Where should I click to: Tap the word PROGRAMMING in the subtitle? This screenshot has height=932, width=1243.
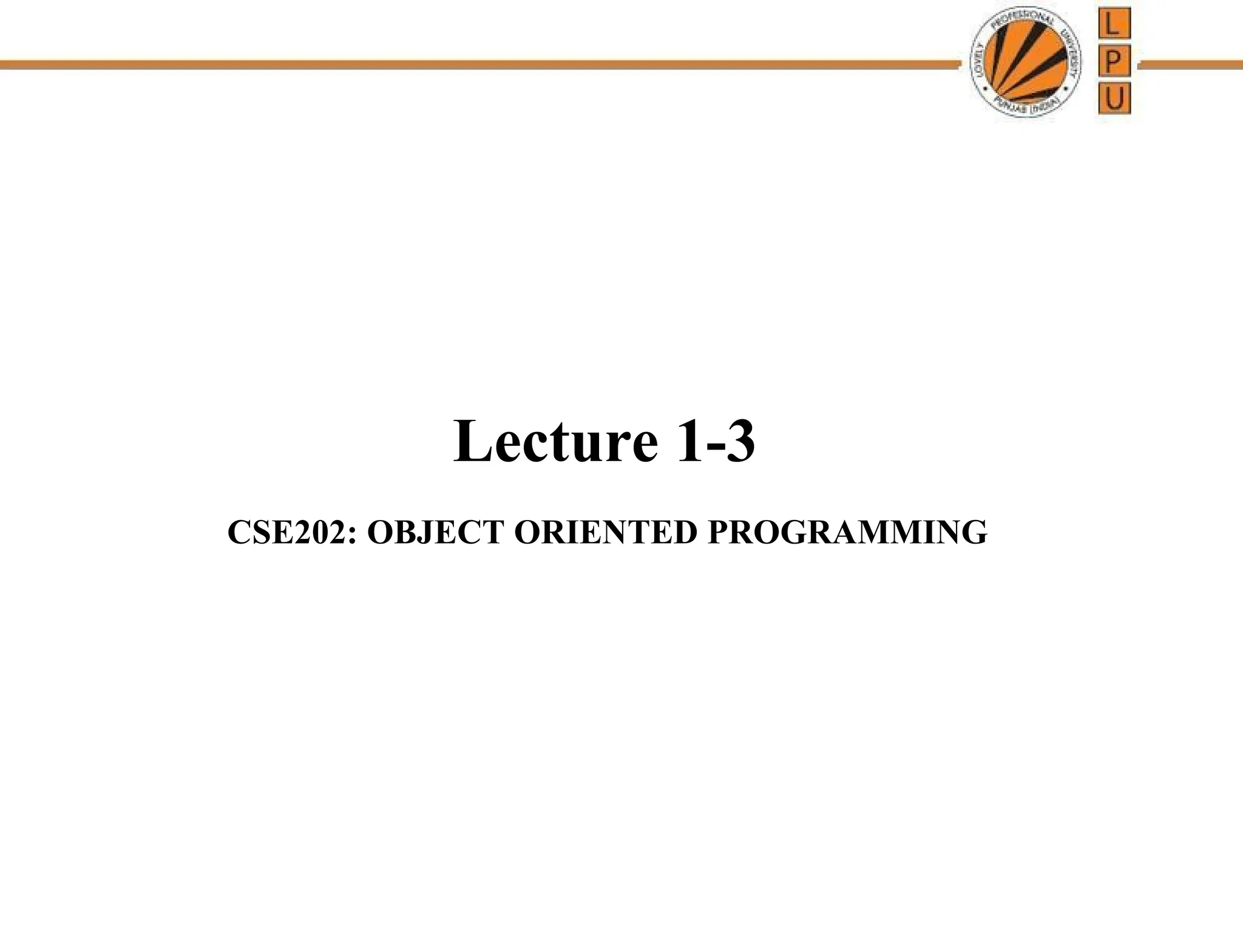847,533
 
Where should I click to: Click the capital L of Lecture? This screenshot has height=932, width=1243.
470,441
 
